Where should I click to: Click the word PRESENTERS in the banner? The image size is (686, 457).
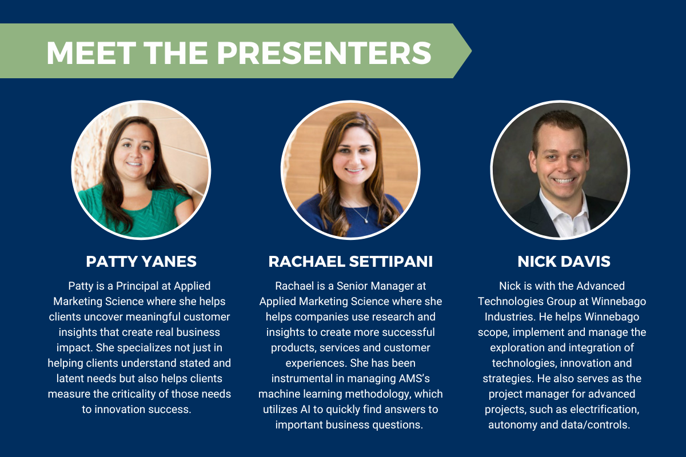tap(324, 53)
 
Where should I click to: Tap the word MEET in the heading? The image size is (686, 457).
tap(91, 53)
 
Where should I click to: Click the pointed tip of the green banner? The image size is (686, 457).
tap(471, 51)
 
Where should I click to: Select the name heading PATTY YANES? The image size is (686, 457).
tap(141, 262)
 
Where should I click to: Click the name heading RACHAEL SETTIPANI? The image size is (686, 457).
tap(350, 262)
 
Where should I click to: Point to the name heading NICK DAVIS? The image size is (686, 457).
tap(564, 262)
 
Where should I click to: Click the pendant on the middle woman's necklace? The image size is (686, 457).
tap(366, 221)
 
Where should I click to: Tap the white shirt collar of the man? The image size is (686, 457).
tap(564, 211)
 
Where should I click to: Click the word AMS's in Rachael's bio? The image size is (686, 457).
tap(414, 379)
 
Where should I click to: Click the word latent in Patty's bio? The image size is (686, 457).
tap(71, 379)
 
